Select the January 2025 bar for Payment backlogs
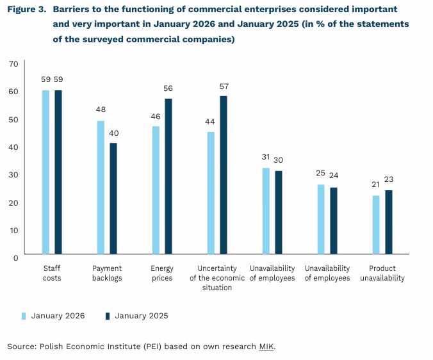[113, 198]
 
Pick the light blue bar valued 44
[211, 193]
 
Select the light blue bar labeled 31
[266, 211]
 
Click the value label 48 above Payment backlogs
[101, 110]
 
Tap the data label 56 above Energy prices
[168, 88]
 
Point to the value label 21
[376, 184]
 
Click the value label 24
[334, 175]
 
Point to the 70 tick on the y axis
[13, 63]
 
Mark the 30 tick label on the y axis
[13, 174]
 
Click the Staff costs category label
[52, 273]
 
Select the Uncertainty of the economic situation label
[217, 278]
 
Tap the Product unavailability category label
[382, 273]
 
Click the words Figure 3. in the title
[27, 10]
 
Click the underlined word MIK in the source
[266, 347]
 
